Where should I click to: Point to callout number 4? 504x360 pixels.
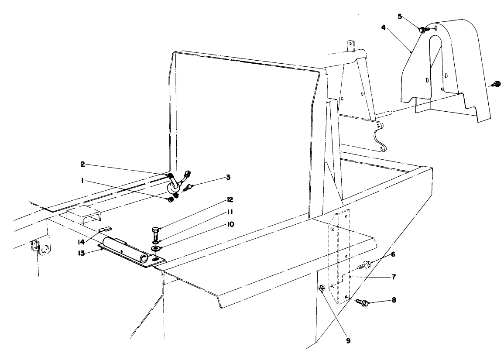(x=383, y=27)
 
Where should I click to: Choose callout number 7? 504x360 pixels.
(x=393, y=277)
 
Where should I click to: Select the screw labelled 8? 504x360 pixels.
(x=362, y=302)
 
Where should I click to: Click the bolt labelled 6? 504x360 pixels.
(x=364, y=264)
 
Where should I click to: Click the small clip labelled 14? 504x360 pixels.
(x=106, y=229)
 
